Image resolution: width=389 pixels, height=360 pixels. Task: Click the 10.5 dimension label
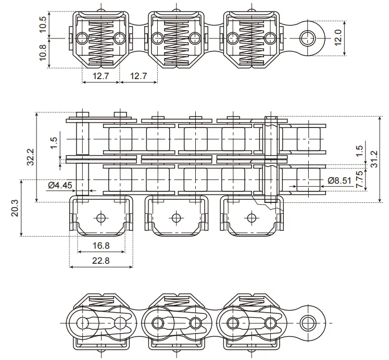pyautogui.click(x=43, y=24)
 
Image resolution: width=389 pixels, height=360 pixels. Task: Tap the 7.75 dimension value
pyautogui.click(x=359, y=179)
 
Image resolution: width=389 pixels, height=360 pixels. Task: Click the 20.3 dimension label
pyautogui.click(x=14, y=208)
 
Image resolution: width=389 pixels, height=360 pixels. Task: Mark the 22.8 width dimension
pyautogui.click(x=101, y=261)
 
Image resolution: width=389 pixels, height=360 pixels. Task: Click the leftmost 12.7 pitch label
pyautogui.click(x=101, y=76)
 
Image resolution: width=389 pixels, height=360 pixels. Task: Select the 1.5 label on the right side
pyautogui.click(x=359, y=150)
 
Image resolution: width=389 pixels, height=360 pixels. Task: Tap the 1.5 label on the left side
pyautogui.click(x=54, y=143)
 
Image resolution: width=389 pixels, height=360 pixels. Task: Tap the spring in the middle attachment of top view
pyautogui.click(x=175, y=40)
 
